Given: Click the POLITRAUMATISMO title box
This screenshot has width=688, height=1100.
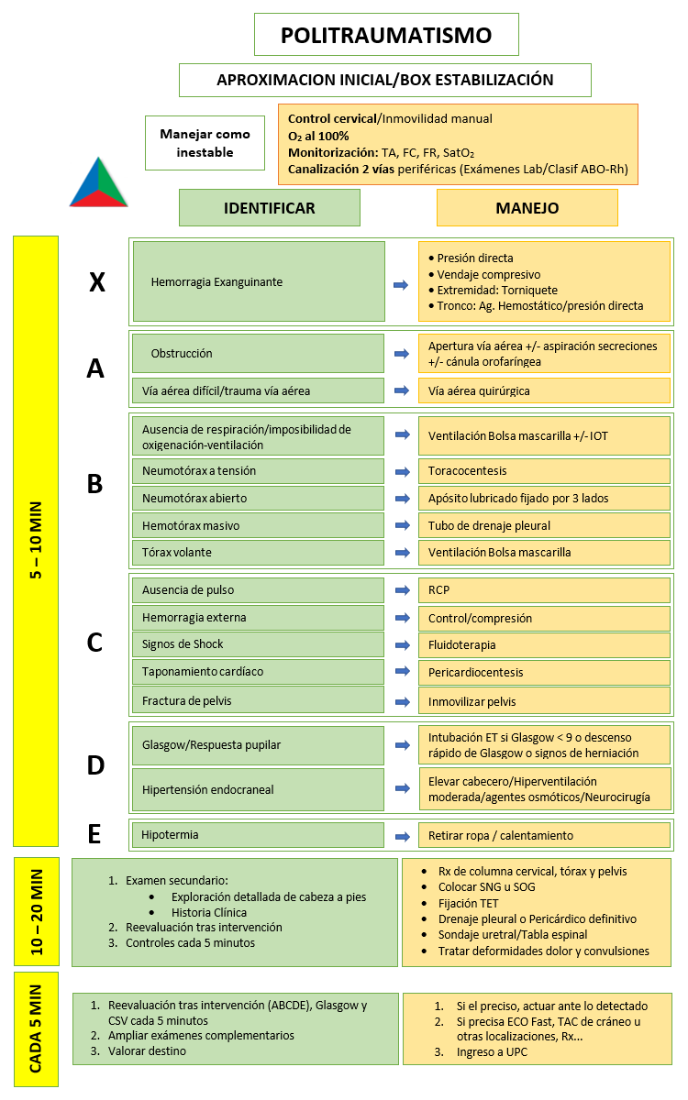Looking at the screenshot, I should tap(386, 36).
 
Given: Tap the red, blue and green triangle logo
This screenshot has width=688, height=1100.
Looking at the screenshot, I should tap(98, 181).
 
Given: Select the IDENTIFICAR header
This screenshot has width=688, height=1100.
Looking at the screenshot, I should tap(269, 208).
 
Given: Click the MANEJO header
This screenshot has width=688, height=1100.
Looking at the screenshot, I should tap(527, 208).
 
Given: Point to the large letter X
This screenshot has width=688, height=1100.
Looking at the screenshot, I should tap(96, 282).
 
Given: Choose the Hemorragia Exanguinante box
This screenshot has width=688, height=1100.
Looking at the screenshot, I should tap(258, 281).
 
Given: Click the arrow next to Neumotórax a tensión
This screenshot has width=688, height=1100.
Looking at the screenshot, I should tap(401, 471).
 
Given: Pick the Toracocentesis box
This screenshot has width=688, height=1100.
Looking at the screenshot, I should tap(544, 471).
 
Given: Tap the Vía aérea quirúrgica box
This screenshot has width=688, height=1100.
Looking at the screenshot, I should tap(544, 390).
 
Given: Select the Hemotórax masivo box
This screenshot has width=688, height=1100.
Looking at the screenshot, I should tap(258, 526).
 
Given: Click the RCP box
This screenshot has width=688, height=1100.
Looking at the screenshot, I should tap(544, 590).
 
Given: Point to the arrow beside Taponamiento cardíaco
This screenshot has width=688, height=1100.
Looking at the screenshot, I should tap(401, 672).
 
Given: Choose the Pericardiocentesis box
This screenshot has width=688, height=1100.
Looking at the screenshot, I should tap(544, 672).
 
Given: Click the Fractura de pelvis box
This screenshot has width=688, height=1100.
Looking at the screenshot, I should tap(258, 700).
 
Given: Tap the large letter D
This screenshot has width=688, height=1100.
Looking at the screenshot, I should tap(95, 765).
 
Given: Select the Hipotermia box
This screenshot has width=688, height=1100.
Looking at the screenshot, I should tap(258, 835).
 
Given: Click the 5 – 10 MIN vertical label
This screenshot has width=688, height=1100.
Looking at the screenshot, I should tap(36, 541).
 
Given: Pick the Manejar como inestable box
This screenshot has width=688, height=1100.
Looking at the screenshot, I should tap(205, 143).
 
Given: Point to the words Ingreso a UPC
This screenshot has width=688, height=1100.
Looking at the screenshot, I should tap(492, 1052).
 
